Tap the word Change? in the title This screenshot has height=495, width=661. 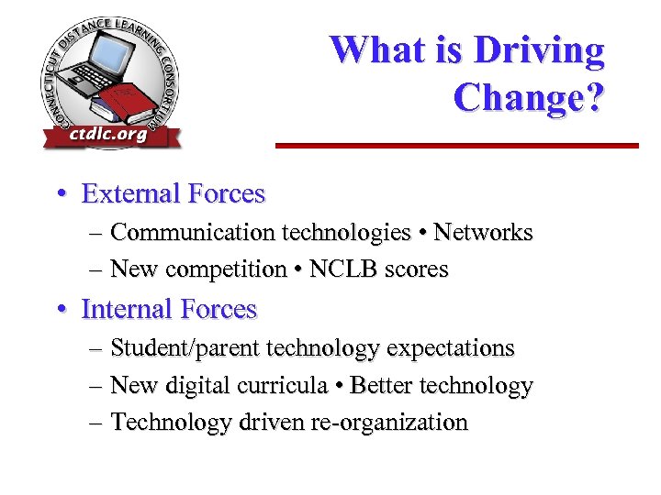(x=529, y=97)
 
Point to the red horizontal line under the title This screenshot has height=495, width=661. (x=456, y=145)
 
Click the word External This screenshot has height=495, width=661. (x=129, y=194)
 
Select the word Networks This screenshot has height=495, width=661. (x=483, y=233)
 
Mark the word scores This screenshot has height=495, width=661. (x=418, y=269)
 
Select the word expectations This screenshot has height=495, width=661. (x=451, y=348)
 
